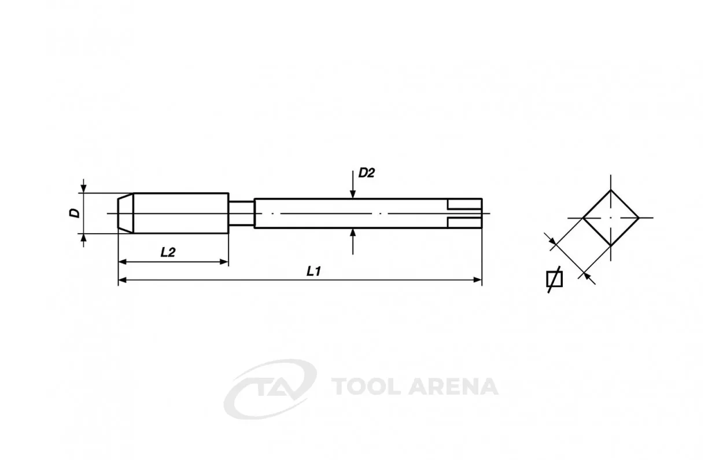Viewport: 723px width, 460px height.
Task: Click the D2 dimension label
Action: coord(367,174)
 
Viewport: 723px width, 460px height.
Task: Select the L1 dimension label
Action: coord(313,271)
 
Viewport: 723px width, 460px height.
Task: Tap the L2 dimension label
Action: coord(168,252)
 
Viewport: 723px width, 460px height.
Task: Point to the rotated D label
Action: coord(75,213)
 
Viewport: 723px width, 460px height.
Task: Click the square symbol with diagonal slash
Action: coord(554,279)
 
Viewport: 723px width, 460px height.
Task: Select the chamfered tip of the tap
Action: coord(126,213)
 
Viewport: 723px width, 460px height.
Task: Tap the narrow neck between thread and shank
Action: coord(241,213)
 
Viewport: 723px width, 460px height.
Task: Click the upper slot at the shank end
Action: coord(464,204)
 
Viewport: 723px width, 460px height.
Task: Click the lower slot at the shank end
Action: coord(464,223)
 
